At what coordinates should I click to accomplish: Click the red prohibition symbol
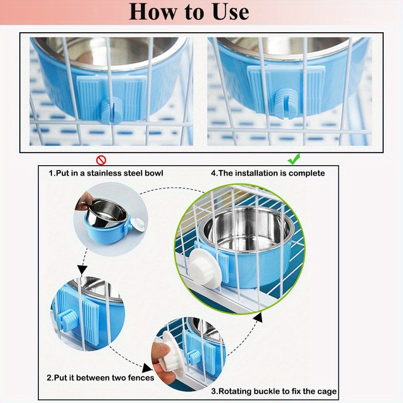[x=101, y=160]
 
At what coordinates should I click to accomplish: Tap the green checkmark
[x=294, y=159]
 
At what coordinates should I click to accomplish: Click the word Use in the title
[x=231, y=12]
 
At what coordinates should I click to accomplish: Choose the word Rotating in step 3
[x=235, y=391]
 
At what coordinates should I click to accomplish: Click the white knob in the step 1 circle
[x=137, y=224]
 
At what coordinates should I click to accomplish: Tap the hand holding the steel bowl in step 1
[x=85, y=201]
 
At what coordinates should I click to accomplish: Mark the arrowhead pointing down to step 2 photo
[x=82, y=270]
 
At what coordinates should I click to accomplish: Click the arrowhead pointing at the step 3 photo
[x=147, y=368]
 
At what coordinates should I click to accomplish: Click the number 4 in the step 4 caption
[x=213, y=173]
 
